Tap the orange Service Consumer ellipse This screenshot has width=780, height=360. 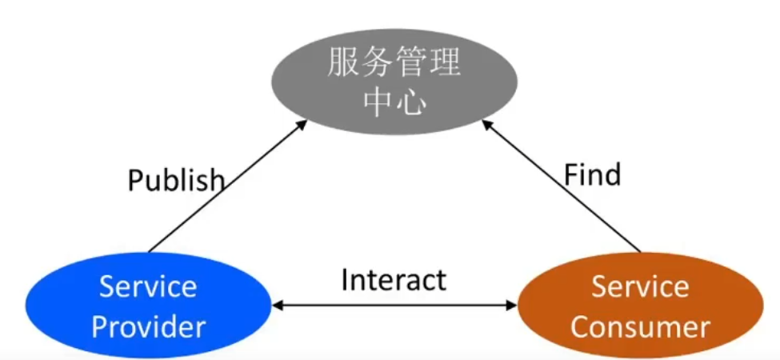click(640, 306)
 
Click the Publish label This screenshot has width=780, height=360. click(176, 180)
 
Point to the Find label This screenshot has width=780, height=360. click(592, 174)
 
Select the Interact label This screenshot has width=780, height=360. click(394, 280)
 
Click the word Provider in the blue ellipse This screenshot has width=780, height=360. click(149, 326)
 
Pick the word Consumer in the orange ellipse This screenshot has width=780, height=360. click(640, 326)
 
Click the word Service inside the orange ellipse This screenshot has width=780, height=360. click(640, 286)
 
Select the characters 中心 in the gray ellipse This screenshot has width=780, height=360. click(394, 102)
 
